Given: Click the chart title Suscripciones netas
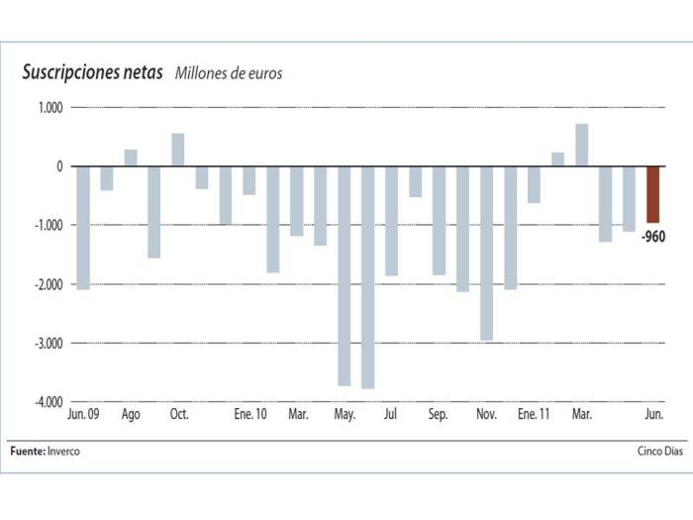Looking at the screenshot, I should click(x=92, y=73).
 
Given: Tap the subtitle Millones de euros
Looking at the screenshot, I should click(x=229, y=74).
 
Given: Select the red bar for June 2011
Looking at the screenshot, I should click(x=653, y=194).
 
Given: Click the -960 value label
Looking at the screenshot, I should click(x=652, y=236).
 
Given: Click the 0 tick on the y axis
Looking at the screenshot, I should click(x=58, y=166).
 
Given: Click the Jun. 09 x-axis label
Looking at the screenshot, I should click(x=83, y=415).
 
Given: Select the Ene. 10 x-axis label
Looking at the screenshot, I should click(x=250, y=415).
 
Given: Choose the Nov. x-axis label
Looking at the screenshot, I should click(x=486, y=415).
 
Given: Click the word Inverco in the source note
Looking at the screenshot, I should click(x=63, y=452).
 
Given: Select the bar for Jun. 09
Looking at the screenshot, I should click(x=83, y=228).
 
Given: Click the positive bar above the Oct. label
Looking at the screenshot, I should click(x=178, y=151).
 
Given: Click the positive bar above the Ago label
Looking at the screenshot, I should click(x=131, y=158).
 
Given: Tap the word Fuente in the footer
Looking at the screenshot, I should click(x=26, y=452).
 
